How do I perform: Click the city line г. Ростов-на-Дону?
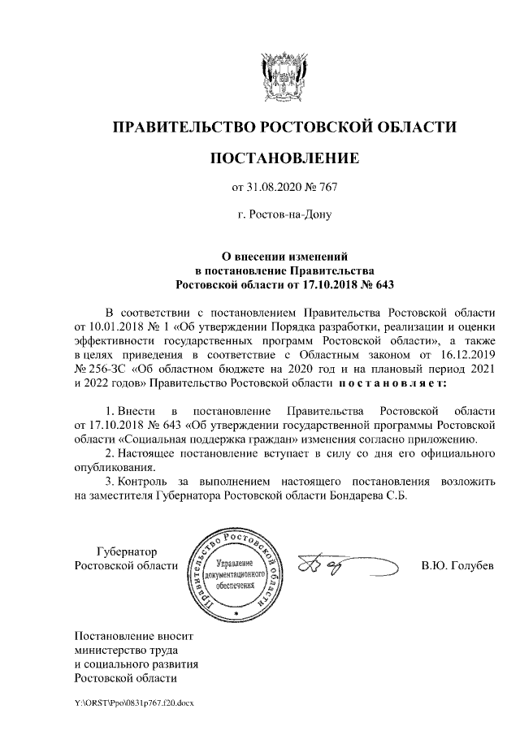click(284, 215)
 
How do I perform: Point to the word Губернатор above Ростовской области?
click(128, 551)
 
